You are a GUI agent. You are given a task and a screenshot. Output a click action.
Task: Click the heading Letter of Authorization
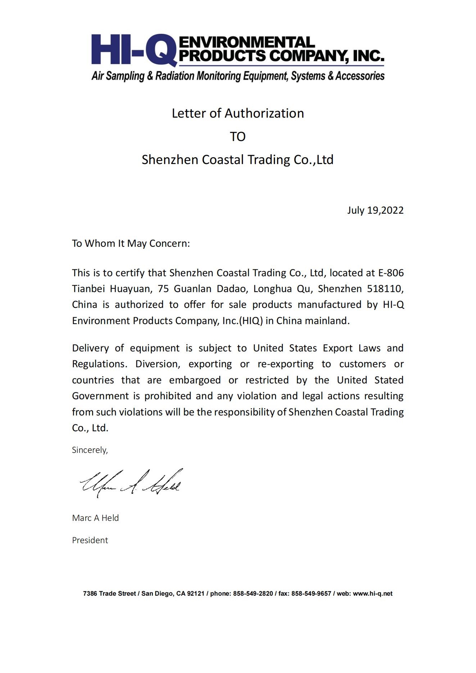click(x=238, y=113)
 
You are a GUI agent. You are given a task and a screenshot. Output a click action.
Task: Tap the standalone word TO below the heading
click(x=238, y=137)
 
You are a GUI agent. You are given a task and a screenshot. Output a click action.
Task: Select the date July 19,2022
click(x=375, y=210)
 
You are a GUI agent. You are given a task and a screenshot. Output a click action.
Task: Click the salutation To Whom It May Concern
click(x=131, y=244)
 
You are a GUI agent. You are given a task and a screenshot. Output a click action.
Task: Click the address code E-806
click(x=391, y=273)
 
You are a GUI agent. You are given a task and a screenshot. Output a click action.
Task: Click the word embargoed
click(x=195, y=380)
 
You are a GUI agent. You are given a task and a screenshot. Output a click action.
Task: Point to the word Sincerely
click(x=90, y=450)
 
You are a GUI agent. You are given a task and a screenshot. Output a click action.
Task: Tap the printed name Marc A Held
click(x=95, y=518)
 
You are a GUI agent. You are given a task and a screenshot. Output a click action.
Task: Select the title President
click(x=90, y=540)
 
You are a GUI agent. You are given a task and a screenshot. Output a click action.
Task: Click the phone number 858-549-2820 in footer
click(x=253, y=594)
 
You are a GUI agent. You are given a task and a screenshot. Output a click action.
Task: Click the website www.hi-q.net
click(x=372, y=594)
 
